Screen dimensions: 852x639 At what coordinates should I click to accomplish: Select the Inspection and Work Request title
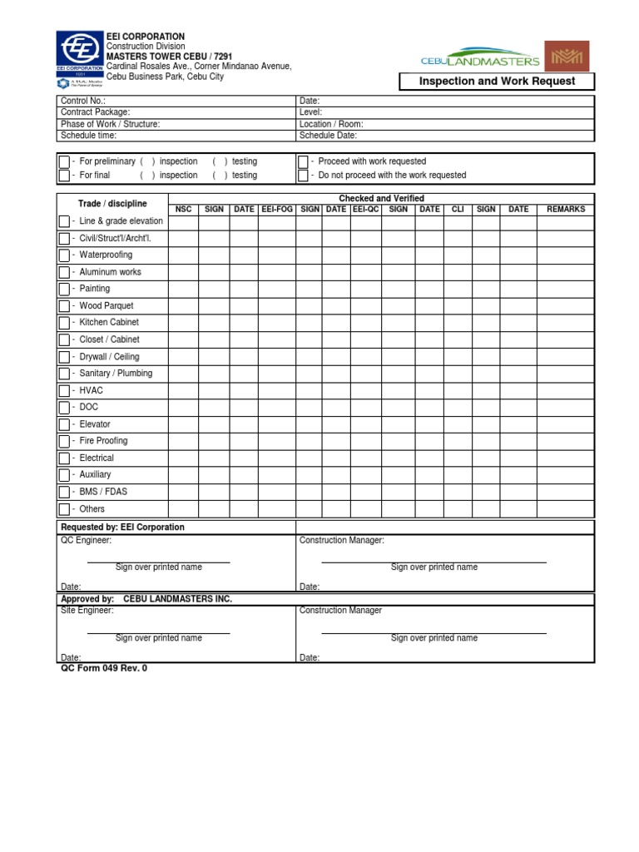497,82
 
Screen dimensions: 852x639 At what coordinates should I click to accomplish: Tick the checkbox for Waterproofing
64,255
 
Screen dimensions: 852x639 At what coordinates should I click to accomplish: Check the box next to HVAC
64,390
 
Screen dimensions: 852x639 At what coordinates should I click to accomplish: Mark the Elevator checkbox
64,424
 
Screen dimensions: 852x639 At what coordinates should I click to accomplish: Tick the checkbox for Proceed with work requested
303,161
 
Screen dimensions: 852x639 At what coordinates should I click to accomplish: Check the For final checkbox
64,176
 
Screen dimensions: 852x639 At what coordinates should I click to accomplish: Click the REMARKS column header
566,210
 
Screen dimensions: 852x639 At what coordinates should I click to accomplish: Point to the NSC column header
183,210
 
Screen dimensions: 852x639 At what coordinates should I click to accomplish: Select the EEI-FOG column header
277,210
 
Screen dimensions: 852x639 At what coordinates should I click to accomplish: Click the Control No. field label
83,101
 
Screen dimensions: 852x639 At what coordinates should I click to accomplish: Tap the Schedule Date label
328,136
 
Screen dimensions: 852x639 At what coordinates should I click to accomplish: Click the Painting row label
94,289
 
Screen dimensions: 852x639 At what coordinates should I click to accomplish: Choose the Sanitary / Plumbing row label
116,374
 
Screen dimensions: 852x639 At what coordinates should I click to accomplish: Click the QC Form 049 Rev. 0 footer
103,668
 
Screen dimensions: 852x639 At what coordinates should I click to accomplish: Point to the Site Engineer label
87,611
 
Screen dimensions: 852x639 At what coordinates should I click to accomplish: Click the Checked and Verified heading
381,198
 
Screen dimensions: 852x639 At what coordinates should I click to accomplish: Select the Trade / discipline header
112,204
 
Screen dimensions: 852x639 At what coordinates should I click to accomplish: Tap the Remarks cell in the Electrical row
566,458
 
